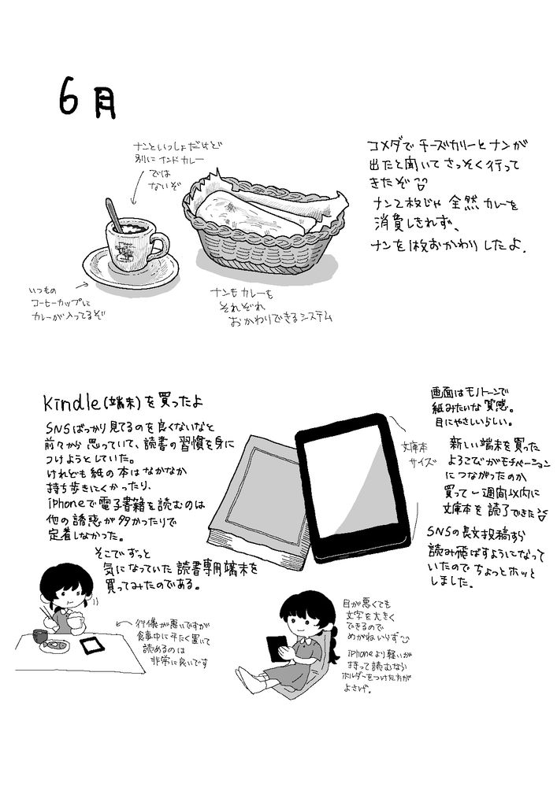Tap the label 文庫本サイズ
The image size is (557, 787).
pos(414,455)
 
